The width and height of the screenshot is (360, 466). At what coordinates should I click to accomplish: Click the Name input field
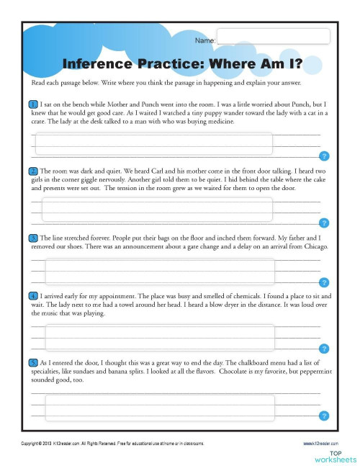click(273, 36)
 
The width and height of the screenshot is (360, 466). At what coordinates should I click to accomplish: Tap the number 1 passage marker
click(34, 104)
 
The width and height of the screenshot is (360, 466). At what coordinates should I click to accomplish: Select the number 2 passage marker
click(34, 171)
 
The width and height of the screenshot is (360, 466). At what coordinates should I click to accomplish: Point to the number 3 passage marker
click(34, 237)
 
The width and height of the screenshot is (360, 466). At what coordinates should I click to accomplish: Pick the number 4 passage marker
click(34, 296)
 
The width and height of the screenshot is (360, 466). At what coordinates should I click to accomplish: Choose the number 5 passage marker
click(34, 362)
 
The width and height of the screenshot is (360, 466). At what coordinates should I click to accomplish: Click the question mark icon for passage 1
click(324, 156)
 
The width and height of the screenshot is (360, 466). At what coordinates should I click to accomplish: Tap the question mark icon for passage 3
click(324, 282)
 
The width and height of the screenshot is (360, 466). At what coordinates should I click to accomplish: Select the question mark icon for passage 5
click(324, 416)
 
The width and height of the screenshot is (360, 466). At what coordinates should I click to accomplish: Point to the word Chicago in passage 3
click(315, 246)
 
